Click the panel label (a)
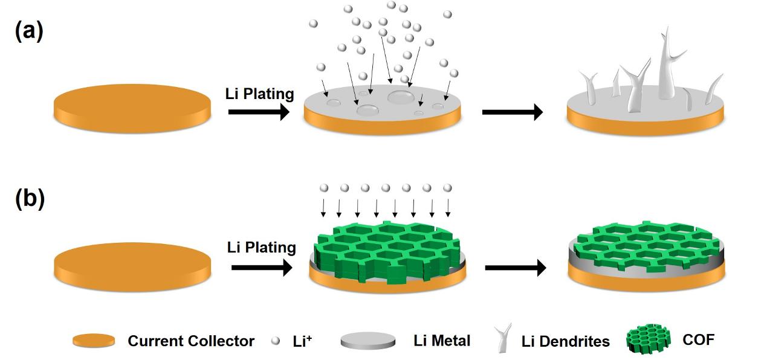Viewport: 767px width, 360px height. [28, 31]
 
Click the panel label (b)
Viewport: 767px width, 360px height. [29, 199]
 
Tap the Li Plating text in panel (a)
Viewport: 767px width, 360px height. [259, 94]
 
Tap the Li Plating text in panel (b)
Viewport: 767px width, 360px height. [261, 247]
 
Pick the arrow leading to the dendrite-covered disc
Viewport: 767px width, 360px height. [512, 112]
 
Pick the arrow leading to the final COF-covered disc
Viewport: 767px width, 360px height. [515, 268]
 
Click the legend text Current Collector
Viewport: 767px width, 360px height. [191, 341]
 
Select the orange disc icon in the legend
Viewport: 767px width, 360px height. [94, 341]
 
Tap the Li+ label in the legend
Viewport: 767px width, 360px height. [302, 341]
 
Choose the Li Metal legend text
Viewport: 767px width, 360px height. [442, 341]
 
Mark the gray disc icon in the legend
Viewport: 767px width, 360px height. [368, 341]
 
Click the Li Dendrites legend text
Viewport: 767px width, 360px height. [565, 341]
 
